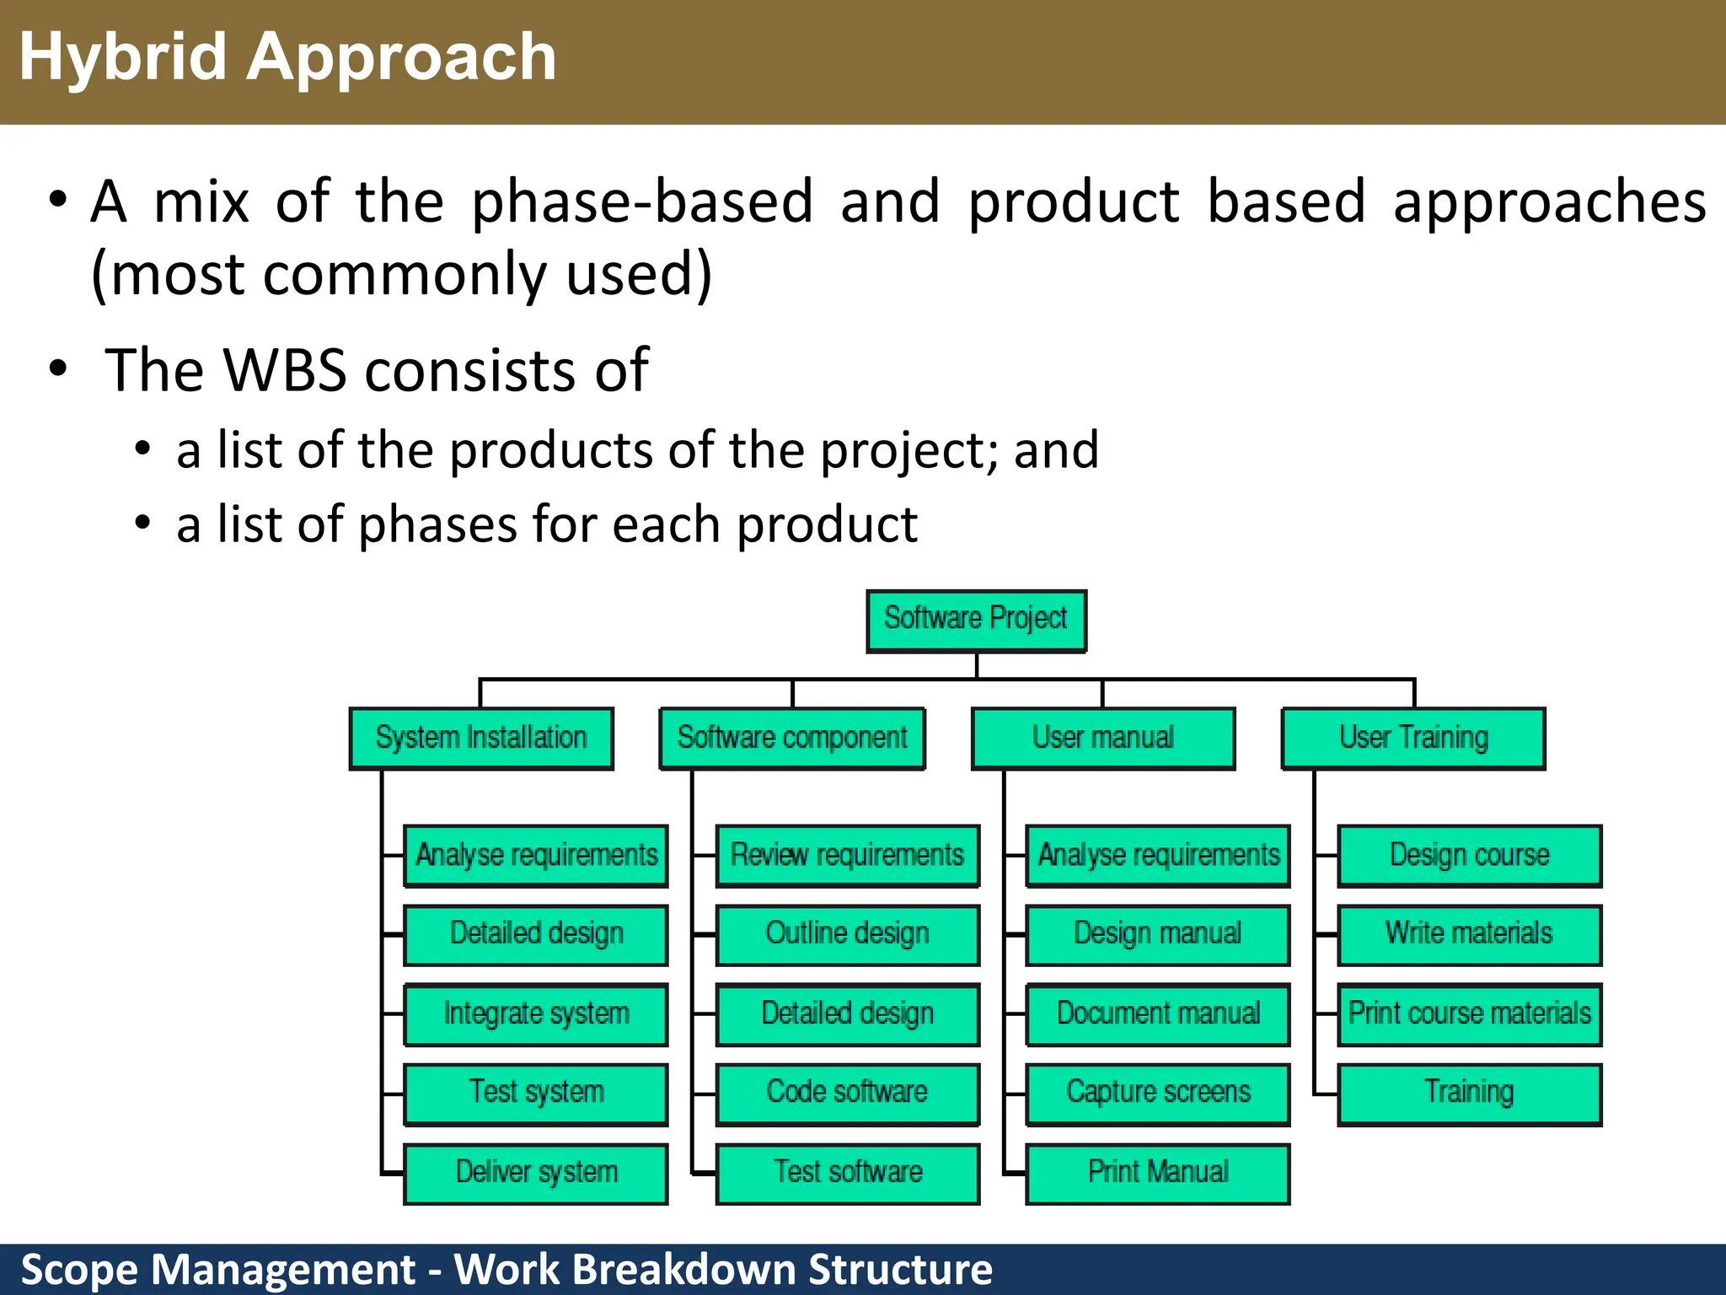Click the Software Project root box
point(976,621)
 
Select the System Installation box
point(481,739)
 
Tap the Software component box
point(792,739)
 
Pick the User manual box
point(1102,739)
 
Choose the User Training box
point(1413,739)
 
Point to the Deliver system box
point(536,1173)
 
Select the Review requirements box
point(847,856)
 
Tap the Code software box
point(847,1093)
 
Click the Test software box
point(847,1173)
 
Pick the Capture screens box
point(1158,1093)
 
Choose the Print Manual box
point(1158,1173)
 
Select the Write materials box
point(1469,934)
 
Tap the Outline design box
point(847,934)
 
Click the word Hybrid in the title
point(123,57)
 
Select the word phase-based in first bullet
point(642,202)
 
